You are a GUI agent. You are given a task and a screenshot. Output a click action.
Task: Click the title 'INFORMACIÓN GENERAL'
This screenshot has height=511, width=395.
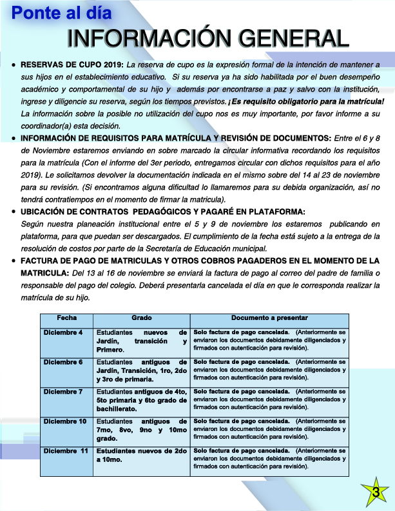(x=208, y=39)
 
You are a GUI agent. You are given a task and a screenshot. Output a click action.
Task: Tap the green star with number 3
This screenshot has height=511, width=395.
(x=374, y=492)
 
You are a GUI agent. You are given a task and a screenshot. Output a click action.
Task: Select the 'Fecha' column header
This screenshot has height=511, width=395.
(x=66, y=318)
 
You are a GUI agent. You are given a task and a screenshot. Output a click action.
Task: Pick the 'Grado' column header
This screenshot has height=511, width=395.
(x=141, y=318)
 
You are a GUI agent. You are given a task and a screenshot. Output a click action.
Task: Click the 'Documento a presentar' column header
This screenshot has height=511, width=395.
(x=269, y=318)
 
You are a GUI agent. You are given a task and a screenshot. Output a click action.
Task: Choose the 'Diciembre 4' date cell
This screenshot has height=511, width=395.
(x=63, y=332)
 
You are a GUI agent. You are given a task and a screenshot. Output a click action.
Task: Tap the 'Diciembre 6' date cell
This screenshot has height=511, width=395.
(x=63, y=362)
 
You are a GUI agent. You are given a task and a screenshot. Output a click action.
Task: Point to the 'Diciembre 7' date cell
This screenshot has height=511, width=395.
(x=63, y=392)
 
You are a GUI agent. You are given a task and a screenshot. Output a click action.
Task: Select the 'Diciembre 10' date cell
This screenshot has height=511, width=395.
(x=64, y=421)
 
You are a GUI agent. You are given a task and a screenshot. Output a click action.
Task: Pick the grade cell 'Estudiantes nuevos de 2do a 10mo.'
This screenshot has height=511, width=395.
(x=141, y=455)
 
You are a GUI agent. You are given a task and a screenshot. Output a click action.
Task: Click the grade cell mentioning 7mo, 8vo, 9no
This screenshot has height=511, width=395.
(x=141, y=430)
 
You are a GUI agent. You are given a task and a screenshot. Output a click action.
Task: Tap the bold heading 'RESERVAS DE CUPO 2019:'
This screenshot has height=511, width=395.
(x=72, y=65)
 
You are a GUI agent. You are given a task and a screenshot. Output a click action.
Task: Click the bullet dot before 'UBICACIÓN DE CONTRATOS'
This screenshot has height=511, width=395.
(x=14, y=212)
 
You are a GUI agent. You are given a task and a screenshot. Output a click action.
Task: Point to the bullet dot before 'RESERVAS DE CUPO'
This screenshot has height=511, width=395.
(x=14, y=65)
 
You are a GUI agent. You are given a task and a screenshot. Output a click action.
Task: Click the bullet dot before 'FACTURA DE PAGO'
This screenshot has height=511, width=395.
(x=14, y=261)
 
